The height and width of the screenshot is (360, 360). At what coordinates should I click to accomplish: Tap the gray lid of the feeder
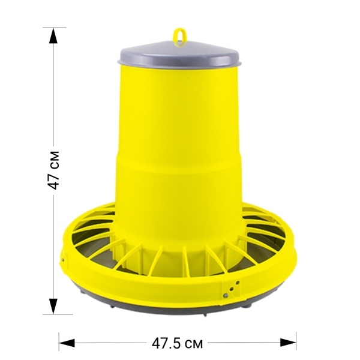tap(179, 56)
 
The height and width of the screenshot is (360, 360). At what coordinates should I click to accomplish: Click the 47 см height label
tap(53, 170)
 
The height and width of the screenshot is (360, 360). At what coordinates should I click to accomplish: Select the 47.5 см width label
tap(177, 343)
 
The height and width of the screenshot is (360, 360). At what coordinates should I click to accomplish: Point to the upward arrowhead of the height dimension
tap(53, 35)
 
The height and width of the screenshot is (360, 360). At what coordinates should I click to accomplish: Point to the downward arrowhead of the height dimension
tap(53, 306)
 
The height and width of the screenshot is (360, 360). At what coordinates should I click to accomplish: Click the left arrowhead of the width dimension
tap(67, 343)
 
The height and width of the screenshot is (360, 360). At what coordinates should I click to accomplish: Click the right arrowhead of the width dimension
tap(288, 343)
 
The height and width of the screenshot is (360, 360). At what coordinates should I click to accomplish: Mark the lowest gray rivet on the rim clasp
tap(226, 295)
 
